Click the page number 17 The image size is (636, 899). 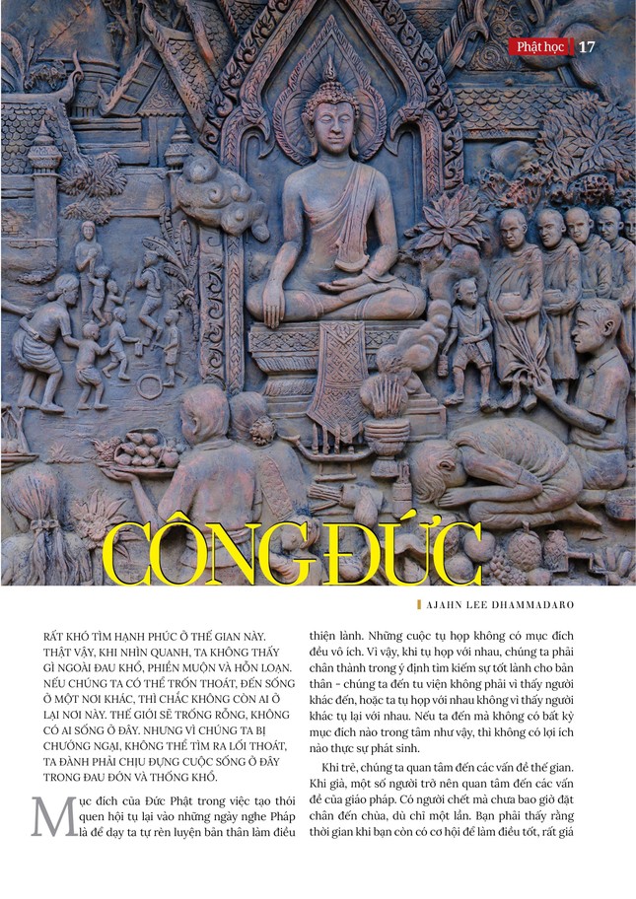coord(587,46)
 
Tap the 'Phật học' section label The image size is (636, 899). coord(542,46)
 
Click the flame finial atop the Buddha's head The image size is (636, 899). coord(329,69)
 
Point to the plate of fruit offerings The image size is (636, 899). coord(144,454)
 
